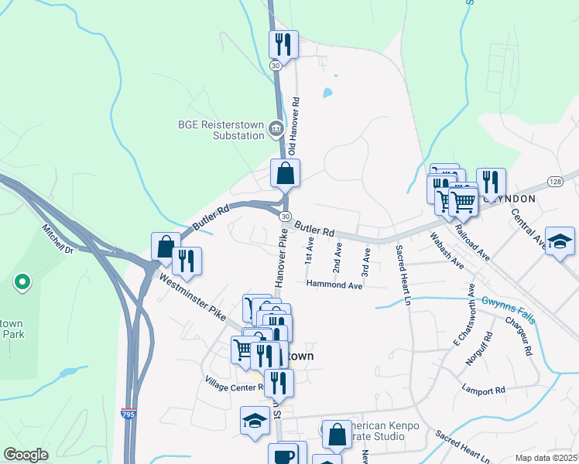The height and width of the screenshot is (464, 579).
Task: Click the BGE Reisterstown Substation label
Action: tap(221, 130)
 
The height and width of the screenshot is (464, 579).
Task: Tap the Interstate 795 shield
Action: tap(129, 415)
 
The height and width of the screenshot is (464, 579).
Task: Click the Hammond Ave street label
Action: tap(334, 285)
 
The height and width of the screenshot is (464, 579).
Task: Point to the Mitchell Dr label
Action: tap(58, 240)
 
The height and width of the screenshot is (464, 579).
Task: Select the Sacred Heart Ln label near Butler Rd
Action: tap(403, 275)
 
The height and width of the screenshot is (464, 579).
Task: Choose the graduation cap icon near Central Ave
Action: tap(560, 241)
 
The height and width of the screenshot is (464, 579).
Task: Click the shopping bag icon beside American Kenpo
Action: tap(337, 435)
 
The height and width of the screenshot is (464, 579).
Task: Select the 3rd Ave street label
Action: tap(366, 261)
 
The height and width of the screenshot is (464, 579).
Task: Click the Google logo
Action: tap(26, 455)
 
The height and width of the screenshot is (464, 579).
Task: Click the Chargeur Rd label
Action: tap(519, 340)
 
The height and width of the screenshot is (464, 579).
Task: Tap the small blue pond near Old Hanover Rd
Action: tap(327, 94)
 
